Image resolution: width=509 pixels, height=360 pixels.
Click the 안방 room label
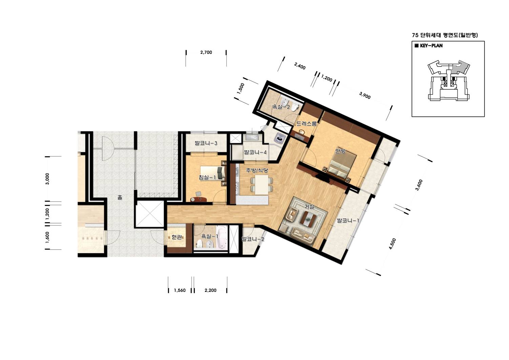click(x=340, y=151)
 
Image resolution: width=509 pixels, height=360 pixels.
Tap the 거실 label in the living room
click(x=309, y=207)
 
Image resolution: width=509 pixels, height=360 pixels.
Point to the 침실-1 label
click(x=207, y=177)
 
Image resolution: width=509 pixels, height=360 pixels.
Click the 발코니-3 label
click(x=206, y=143)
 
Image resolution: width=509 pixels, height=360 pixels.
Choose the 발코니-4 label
click(x=255, y=152)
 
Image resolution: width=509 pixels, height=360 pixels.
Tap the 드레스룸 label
click(x=307, y=124)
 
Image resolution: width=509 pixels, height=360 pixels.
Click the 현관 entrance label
click(x=177, y=237)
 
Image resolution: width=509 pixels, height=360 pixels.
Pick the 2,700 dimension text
click(x=206, y=52)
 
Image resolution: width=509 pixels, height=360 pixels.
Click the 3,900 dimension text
click(x=365, y=96)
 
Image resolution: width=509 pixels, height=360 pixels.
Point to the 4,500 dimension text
click(x=392, y=244)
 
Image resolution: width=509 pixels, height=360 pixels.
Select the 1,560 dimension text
click(x=180, y=290)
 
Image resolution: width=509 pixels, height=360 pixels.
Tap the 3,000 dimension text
click(x=47, y=179)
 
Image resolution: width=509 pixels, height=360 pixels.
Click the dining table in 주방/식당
click(x=261, y=185)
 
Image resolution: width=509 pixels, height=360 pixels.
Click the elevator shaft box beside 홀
click(x=149, y=214)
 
